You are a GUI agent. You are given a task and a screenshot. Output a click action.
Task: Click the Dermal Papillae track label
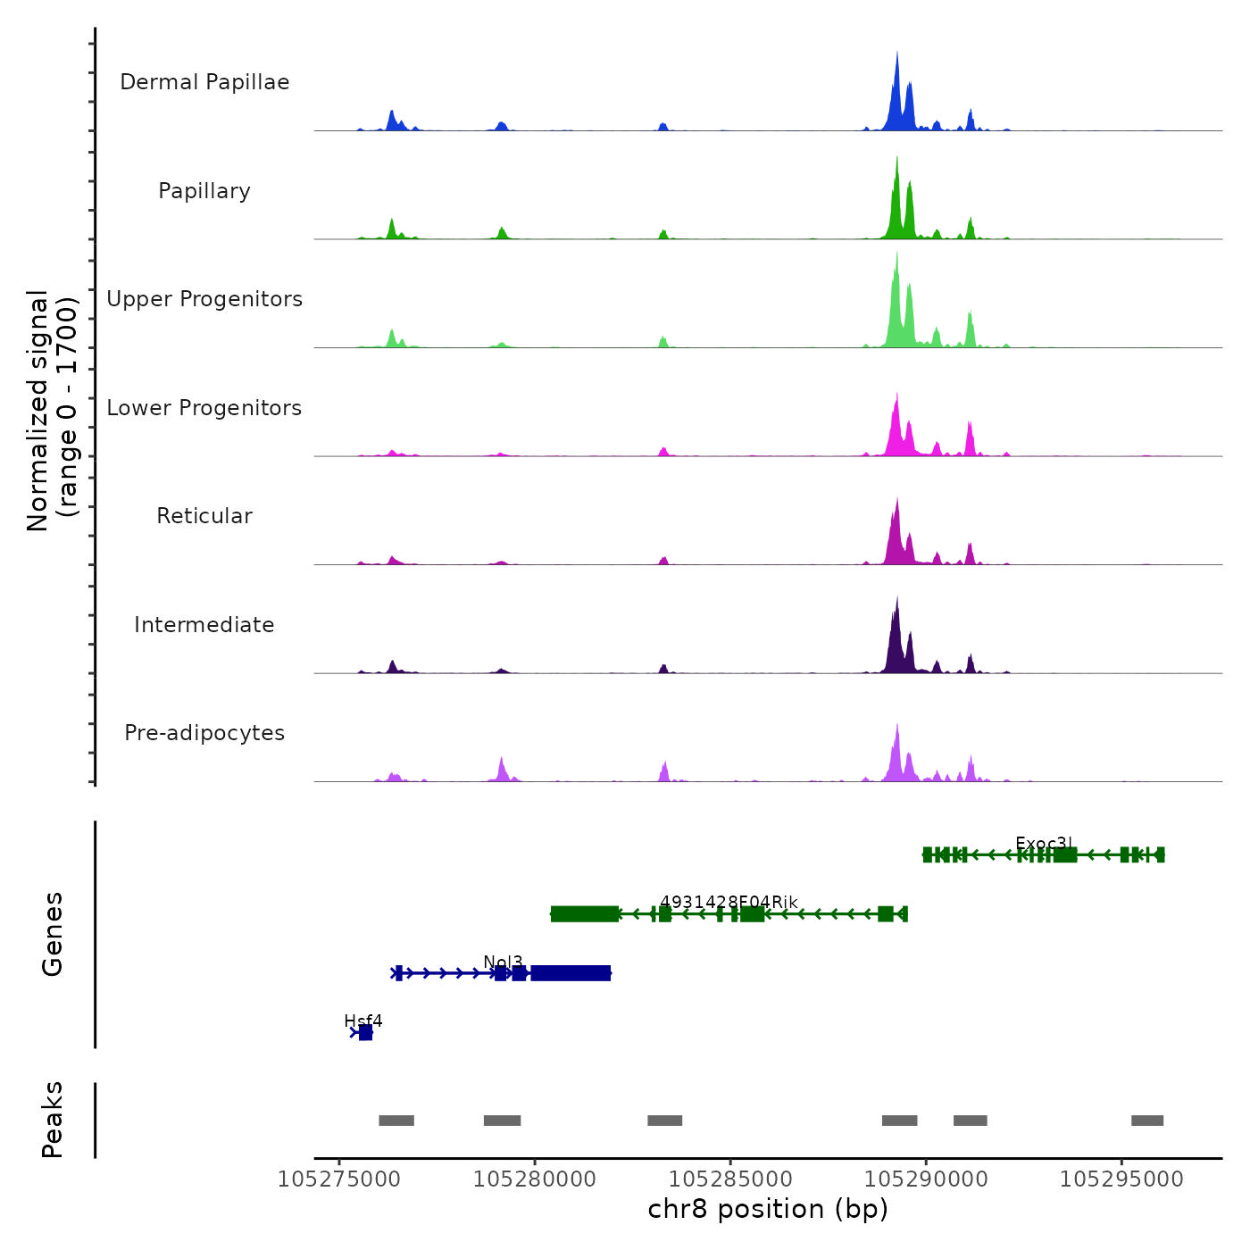click(204, 82)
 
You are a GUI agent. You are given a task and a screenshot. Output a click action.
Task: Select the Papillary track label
click(204, 191)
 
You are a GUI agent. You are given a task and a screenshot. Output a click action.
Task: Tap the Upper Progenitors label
click(204, 299)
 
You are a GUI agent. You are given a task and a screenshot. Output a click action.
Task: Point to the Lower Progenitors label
click(204, 408)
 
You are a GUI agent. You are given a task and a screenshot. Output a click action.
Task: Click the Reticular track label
click(204, 516)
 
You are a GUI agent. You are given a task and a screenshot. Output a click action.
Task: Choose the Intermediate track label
click(204, 625)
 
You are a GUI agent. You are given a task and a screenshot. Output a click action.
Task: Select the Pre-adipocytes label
click(204, 733)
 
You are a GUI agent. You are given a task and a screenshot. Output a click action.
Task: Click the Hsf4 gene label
click(363, 1021)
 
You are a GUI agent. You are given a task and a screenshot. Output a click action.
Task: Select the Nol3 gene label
click(503, 962)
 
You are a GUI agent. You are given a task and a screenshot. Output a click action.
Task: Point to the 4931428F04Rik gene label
click(729, 902)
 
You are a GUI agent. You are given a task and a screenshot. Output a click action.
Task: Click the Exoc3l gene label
click(1044, 844)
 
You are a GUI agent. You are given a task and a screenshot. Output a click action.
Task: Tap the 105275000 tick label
click(339, 1179)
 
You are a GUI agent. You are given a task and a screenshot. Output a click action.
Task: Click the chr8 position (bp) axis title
click(768, 1209)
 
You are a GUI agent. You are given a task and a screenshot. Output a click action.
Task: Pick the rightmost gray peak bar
click(1147, 1121)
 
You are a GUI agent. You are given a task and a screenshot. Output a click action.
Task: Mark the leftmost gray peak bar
click(396, 1121)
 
